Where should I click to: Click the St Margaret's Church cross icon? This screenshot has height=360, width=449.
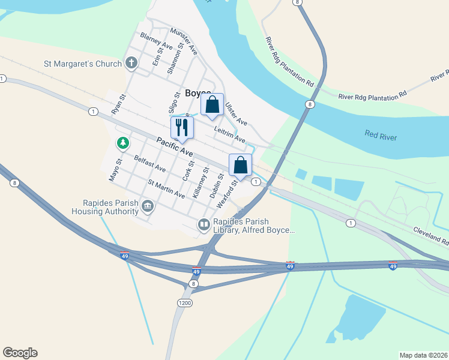(x=131, y=63)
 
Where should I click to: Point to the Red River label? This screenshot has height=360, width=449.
(x=381, y=136)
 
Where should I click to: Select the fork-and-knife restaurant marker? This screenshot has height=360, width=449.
(x=182, y=127)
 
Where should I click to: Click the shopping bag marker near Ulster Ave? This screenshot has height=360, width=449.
(x=212, y=105)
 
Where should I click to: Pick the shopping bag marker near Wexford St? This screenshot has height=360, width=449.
(x=240, y=165)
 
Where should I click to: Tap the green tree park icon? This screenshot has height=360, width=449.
(x=122, y=143)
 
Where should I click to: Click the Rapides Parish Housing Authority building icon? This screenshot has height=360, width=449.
(x=148, y=207)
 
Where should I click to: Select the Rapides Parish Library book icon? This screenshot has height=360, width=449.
(x=203, y=225)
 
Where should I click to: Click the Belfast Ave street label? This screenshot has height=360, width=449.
(x=150, y=164)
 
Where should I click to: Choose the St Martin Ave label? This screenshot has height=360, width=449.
(x=166, y=189)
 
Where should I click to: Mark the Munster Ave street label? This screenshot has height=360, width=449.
(x=184, y=41)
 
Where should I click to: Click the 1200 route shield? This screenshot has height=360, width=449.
(x=185, y=303)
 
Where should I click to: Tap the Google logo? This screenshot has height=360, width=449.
(x=20, y=353)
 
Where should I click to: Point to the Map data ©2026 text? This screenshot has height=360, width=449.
(x=423, y=355)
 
